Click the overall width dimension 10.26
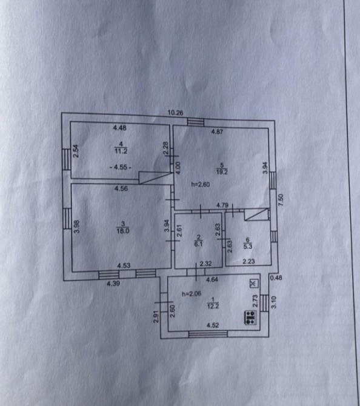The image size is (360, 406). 175,113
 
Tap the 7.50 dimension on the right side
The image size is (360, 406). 281,200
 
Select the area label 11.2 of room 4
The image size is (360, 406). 121,151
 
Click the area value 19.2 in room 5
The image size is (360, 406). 222,171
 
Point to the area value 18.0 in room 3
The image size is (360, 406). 123,231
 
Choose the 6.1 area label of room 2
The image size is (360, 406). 198,244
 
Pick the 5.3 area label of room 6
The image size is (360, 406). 248,246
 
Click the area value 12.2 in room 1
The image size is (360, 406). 213,306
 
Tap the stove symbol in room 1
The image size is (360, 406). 250,318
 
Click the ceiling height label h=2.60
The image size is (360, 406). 200,184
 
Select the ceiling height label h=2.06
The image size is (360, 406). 192,294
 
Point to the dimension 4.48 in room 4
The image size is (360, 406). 119,128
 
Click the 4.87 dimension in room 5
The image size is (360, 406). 217,131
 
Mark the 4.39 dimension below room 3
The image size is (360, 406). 113,284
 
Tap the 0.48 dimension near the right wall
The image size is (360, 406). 276,278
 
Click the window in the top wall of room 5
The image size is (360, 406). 196,122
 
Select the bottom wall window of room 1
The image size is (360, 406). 208,334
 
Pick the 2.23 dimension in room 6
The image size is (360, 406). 248,262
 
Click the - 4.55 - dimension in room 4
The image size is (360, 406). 120,167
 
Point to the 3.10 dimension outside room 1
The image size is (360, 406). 274,302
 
